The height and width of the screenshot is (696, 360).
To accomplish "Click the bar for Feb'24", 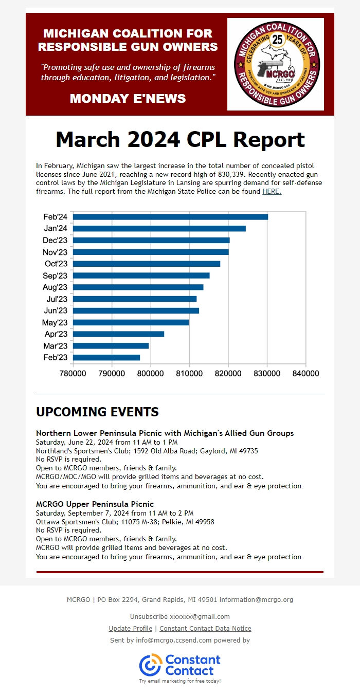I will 170,216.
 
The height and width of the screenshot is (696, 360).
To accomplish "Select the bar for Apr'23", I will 118,334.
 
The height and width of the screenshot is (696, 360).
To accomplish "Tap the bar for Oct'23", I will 147,264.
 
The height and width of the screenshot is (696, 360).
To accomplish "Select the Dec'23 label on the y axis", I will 55,240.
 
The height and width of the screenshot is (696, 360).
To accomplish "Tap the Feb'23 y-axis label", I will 56,357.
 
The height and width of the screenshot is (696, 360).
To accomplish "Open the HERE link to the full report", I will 272,192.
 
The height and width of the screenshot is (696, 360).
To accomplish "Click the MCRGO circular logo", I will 276,64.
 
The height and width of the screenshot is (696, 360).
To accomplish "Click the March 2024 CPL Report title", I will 180,140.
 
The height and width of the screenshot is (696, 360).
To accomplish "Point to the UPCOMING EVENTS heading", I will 97,412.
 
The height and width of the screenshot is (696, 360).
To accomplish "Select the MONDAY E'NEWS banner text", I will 128,98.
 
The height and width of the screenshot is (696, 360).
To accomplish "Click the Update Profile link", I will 130,628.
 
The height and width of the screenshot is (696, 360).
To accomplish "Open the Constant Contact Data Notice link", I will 205,628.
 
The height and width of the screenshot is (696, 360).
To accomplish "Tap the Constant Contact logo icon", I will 150,665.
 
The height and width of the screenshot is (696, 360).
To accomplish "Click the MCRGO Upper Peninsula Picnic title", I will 95,504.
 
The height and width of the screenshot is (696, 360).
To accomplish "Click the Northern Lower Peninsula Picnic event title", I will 165,433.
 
